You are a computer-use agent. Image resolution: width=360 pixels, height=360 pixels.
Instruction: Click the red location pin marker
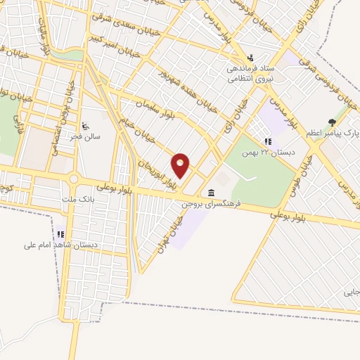point(181,165)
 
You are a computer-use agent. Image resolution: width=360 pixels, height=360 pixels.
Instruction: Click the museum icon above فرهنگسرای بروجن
point(212,193)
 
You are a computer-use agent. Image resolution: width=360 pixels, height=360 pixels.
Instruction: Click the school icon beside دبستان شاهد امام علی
point(60,234)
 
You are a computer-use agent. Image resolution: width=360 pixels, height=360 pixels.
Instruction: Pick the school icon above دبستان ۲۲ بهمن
point(268,141)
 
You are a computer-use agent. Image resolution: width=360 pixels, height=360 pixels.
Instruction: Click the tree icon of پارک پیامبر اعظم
point(332,122)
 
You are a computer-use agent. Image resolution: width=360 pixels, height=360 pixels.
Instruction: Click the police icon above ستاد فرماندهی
point(250,59)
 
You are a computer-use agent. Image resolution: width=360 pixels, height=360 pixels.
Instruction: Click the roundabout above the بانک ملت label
point(74,179)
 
